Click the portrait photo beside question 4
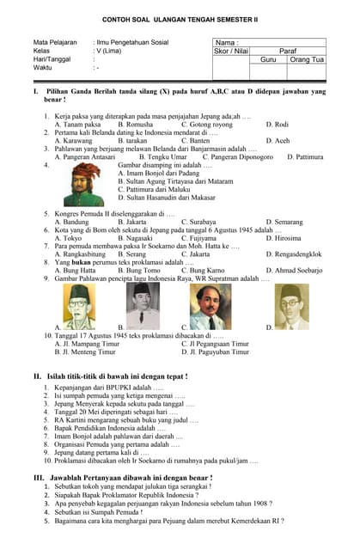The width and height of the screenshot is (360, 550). pos(82,182)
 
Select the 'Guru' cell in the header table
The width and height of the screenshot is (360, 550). pos(268,59)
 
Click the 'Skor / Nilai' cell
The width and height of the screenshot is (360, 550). pos(231,51)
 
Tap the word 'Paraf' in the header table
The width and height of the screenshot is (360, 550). pos(287,51)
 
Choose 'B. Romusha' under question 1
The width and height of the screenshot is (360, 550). pos(135,124)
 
